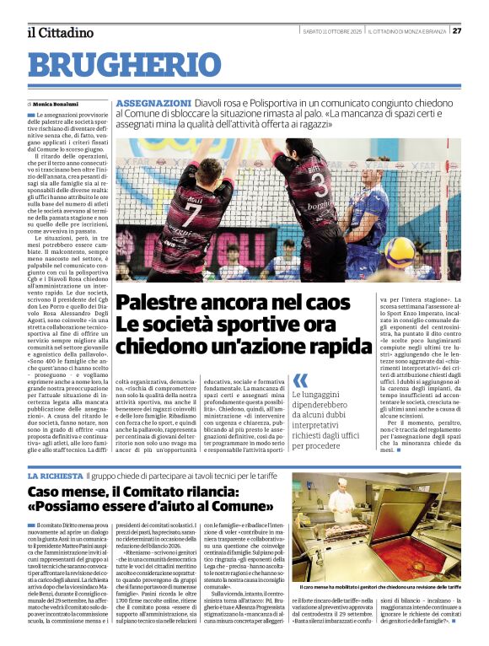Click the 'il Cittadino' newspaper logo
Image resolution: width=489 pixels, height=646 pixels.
point(60,32)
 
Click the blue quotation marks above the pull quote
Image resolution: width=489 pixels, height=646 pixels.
point(300,381)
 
